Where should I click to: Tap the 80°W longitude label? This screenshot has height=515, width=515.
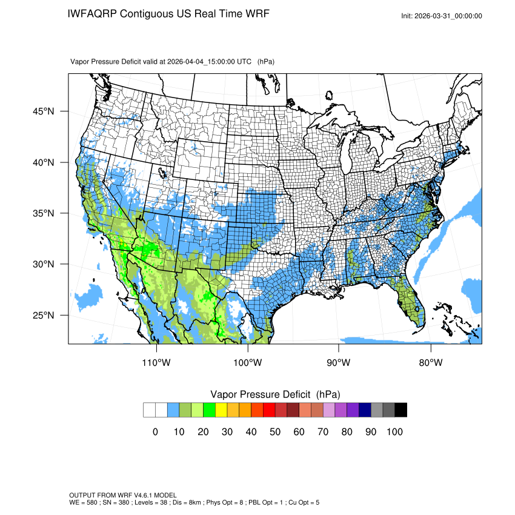click(x=431, y=362)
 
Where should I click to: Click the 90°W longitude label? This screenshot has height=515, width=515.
click(x=339, y=362)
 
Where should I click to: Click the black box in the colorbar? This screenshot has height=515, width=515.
click(x=400, y=410)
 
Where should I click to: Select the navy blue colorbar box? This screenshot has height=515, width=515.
click(x=365, y=410)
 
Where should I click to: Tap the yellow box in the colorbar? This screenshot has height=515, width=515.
click(x=221, y=410)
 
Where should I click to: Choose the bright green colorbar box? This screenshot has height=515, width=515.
click(x=209, y=410)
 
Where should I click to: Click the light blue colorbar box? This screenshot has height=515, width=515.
click(x=173, y=410)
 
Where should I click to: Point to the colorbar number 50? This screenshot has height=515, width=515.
click(x=275, y=431)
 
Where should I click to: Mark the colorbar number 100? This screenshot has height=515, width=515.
click(x=394, y=431)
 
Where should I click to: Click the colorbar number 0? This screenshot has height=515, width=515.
click(x=155, y=431)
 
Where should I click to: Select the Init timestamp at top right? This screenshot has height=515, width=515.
click(x=442, y=16)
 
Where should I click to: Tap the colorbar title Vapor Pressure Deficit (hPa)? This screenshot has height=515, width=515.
click(x=275, y=394)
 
